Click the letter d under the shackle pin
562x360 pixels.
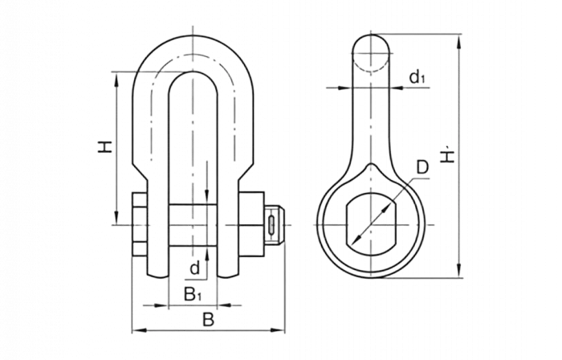(193, 268)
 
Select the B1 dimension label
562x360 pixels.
(191, 292)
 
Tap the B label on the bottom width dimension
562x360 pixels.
(207, 320)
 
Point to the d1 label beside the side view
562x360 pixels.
(415, 77)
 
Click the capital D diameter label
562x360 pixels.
(422, 168)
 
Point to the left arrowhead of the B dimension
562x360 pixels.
(133, 329)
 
